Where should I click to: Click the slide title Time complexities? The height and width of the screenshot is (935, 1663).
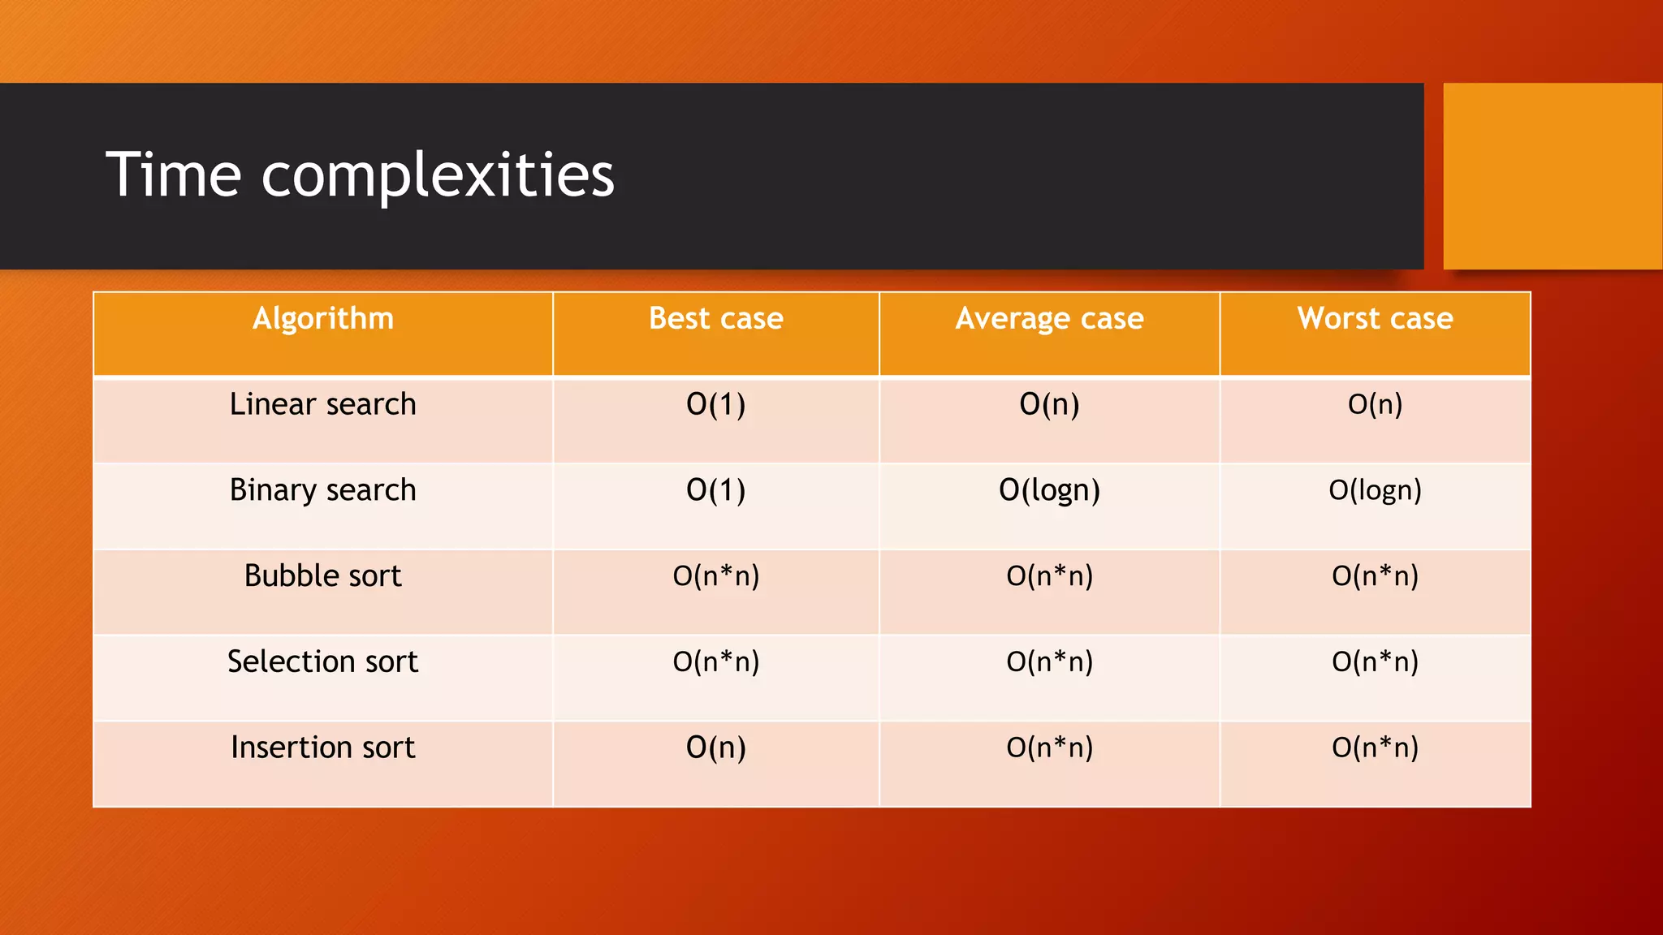pos(360,175)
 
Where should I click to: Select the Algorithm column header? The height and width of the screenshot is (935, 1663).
pos(322,318)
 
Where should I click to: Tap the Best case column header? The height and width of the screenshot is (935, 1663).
pos(715,318)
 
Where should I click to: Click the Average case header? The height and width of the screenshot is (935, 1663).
pos(1049,318)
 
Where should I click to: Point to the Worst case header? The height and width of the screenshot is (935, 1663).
pos(1375,318)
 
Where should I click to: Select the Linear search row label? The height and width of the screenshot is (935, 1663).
pos(322,404)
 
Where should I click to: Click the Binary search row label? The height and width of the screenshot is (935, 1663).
pos(322,490)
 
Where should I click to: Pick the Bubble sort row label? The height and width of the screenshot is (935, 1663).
pos(322,575)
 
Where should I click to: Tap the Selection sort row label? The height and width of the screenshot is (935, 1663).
pos(322,661)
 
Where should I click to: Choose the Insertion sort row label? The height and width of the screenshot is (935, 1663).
pos(322,748)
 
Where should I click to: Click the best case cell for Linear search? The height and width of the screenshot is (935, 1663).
pos(715,404)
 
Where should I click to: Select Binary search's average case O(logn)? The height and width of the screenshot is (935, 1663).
pos(1049,490)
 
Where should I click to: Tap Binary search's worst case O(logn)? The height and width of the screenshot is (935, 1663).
pos(1375,490)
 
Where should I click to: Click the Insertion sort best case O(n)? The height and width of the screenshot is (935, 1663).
pos(715,748)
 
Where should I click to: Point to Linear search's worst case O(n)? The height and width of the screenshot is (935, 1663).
pos(1375,404)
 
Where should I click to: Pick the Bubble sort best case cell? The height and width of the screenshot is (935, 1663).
pos(715,576)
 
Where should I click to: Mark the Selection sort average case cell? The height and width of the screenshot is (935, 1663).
pos(1049,662)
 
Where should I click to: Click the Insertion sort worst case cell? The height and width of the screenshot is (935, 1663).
pos(1375,748)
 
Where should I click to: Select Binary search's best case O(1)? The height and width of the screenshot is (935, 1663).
pos(715,490)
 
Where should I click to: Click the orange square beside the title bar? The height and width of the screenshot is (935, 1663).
pos(1552,175)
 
